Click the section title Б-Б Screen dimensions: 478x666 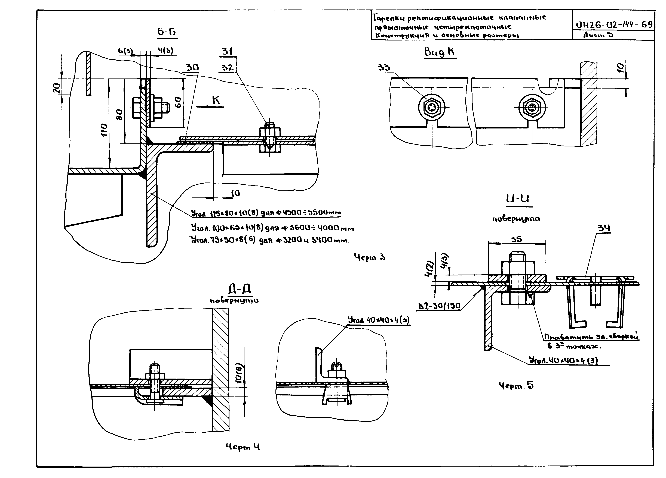(x=167, y=32)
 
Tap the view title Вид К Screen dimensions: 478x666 (x=440, y=52)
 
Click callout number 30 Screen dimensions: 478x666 (x=192, y=67)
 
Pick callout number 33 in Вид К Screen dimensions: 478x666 (x=384, y=68)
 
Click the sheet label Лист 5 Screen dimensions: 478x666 (x=598, y=35)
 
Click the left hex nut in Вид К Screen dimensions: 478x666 (x=432, y=108)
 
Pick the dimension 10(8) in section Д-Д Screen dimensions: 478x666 (x=238, y=373)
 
